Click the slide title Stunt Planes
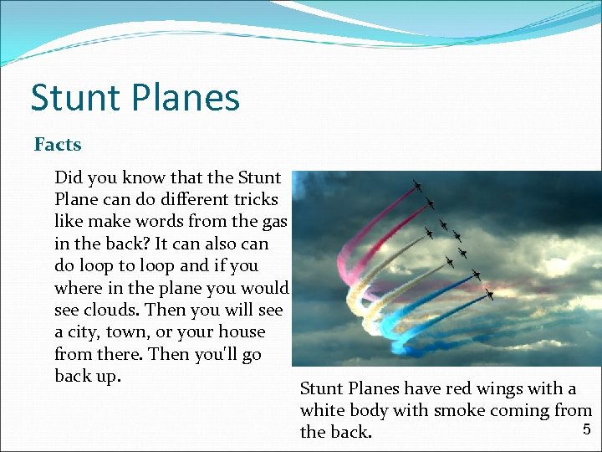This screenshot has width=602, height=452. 135,97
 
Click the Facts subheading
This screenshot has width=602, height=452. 58,145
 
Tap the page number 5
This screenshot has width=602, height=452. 586,429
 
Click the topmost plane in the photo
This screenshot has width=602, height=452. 416,185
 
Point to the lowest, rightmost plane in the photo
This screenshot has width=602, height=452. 489,295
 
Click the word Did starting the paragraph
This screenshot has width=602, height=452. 69,177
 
